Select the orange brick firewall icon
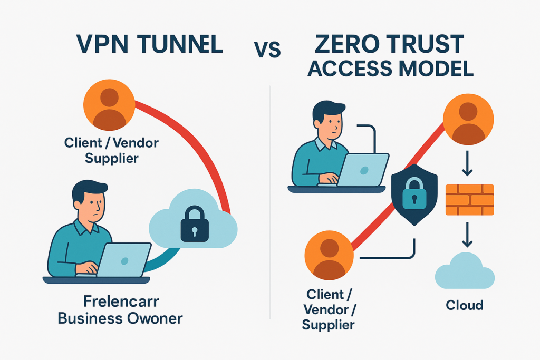click(469, 200)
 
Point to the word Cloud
click(465, 305)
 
